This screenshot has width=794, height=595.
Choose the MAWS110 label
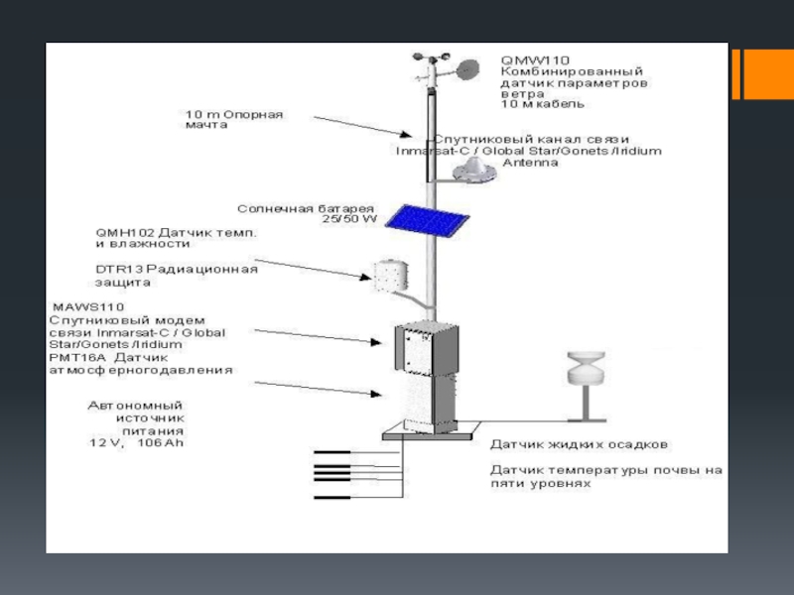click(x=76, y=307)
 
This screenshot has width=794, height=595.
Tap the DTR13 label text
click(x=119, y=269)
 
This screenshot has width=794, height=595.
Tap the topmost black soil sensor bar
click(x=332, y=453)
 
